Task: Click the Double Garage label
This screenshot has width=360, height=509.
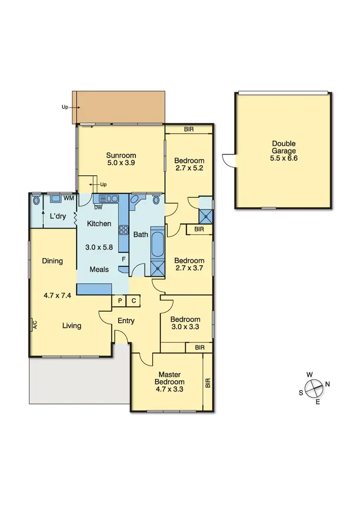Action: [284, 147]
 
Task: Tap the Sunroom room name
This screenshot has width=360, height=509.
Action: [121, 155]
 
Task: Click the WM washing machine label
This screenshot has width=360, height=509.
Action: [69, 198]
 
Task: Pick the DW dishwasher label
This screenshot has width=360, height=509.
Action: [98, 207]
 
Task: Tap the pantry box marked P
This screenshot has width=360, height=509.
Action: [119, 301]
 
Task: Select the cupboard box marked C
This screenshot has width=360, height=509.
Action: [133, 301]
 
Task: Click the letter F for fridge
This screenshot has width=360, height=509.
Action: [123, 259]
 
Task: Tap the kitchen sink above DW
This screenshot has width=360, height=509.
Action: [108, 198]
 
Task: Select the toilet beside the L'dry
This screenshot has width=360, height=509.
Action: [36, 200]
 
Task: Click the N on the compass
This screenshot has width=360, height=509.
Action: [328, 384]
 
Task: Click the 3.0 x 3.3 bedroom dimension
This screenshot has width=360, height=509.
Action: [185, 327]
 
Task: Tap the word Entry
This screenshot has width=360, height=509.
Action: [126, 321]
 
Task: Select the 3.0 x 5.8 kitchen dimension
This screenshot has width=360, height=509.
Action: [98, 248]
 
